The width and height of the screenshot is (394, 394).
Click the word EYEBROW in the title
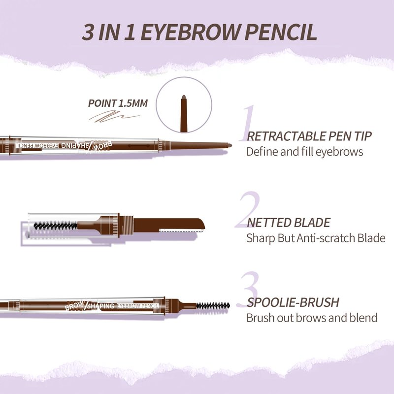(190, 32)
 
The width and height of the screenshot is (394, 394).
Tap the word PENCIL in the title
(281, 32)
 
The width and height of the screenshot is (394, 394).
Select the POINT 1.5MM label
(118, 103)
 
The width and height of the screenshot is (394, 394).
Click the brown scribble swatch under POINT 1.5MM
(114, 117)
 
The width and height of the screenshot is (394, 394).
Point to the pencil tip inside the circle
(184, 113)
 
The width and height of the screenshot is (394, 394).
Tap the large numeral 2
(248, 210)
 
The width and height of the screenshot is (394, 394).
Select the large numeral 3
(249, 290)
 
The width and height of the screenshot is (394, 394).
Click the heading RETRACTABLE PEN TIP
(309, 136)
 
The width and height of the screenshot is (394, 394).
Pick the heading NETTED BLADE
(289, 223)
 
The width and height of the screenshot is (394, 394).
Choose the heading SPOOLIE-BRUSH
(293, 302)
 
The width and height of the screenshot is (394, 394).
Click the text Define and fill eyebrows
(304, 152)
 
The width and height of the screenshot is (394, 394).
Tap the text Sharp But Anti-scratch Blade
(316, 238)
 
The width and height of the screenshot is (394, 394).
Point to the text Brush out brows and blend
(312, 318)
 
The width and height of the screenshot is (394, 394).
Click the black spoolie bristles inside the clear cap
(55, 226)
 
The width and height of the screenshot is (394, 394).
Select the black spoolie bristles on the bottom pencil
(213, 306)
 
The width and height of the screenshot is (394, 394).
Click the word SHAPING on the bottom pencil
(100, 306)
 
